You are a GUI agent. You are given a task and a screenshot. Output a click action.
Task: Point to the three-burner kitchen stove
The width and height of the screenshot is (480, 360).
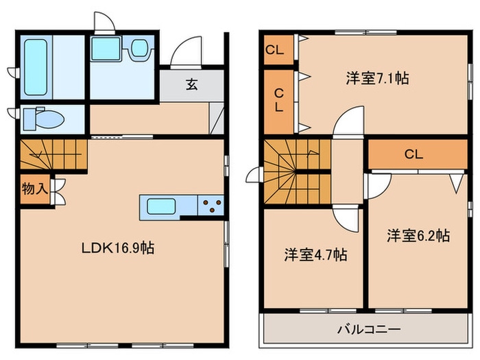(x=211, y=204)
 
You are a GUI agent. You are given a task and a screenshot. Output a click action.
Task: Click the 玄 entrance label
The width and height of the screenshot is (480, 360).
(x=192, y=85)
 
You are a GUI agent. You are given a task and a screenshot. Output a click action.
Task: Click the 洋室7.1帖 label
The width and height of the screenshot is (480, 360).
(x=376, y=78)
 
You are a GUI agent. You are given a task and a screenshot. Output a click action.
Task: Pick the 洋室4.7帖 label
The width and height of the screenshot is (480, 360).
(x=315, y=255)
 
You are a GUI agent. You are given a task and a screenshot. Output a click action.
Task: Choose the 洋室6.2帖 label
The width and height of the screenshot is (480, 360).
(x=418, y=236)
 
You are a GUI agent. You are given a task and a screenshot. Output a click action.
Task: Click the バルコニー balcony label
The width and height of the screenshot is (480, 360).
(x=368, y=330)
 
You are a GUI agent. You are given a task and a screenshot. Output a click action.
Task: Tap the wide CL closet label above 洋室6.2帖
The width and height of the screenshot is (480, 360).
(x=413, y=154)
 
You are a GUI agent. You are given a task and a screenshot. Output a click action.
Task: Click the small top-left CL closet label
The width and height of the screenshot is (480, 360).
(x=276, y=49)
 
